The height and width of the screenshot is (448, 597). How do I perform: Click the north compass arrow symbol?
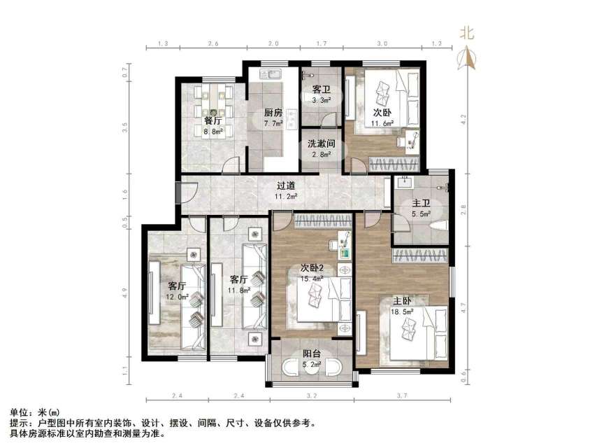[x=467, y=59]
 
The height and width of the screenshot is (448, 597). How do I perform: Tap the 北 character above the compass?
[x=467, y=32]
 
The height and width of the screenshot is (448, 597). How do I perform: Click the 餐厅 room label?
[x=213, y=120]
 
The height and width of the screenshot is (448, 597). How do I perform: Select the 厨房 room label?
[x=273, y=113]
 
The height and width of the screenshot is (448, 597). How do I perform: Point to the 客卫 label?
[x=321, y=90]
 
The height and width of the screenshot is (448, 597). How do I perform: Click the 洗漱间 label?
[x=322, y=143]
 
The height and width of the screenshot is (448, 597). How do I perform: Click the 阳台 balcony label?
[x=312, y=354]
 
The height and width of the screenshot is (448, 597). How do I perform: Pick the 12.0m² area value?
[x=176, y=296]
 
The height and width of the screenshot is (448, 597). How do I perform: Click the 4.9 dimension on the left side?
[x=125, y=293]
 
